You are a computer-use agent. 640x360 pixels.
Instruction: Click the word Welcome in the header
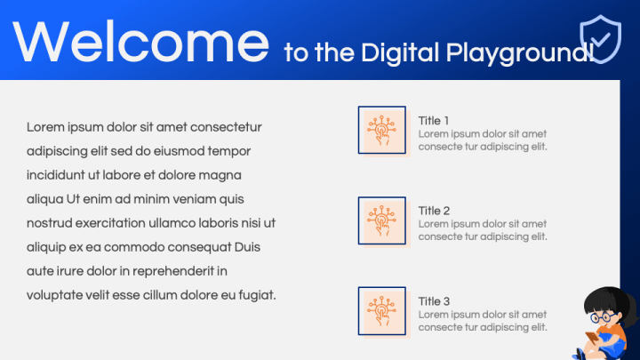[140, 42]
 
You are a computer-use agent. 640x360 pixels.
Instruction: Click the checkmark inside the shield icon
[600, 39]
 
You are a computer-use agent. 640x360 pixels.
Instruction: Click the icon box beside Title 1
[382, 130]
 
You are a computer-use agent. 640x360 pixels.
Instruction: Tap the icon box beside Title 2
[382, 220]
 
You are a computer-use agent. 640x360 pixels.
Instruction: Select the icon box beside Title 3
[382, 311]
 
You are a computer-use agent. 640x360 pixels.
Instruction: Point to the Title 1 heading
[434, 121]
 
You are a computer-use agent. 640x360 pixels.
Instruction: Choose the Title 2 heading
[434, 211]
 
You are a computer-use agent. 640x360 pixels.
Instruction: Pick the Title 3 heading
[434, 301]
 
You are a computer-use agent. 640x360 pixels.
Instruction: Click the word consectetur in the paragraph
[226, 127]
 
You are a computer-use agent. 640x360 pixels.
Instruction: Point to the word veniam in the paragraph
[195, 199]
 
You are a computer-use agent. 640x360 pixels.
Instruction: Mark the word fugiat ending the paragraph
[256, 295]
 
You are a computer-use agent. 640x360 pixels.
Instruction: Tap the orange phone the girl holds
[592, 338]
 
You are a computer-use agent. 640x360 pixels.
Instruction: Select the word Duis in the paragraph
[247, 247]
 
